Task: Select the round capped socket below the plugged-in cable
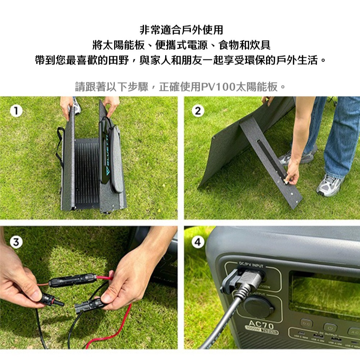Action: pos(258,307)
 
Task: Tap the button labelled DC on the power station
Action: pos(306,323)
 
